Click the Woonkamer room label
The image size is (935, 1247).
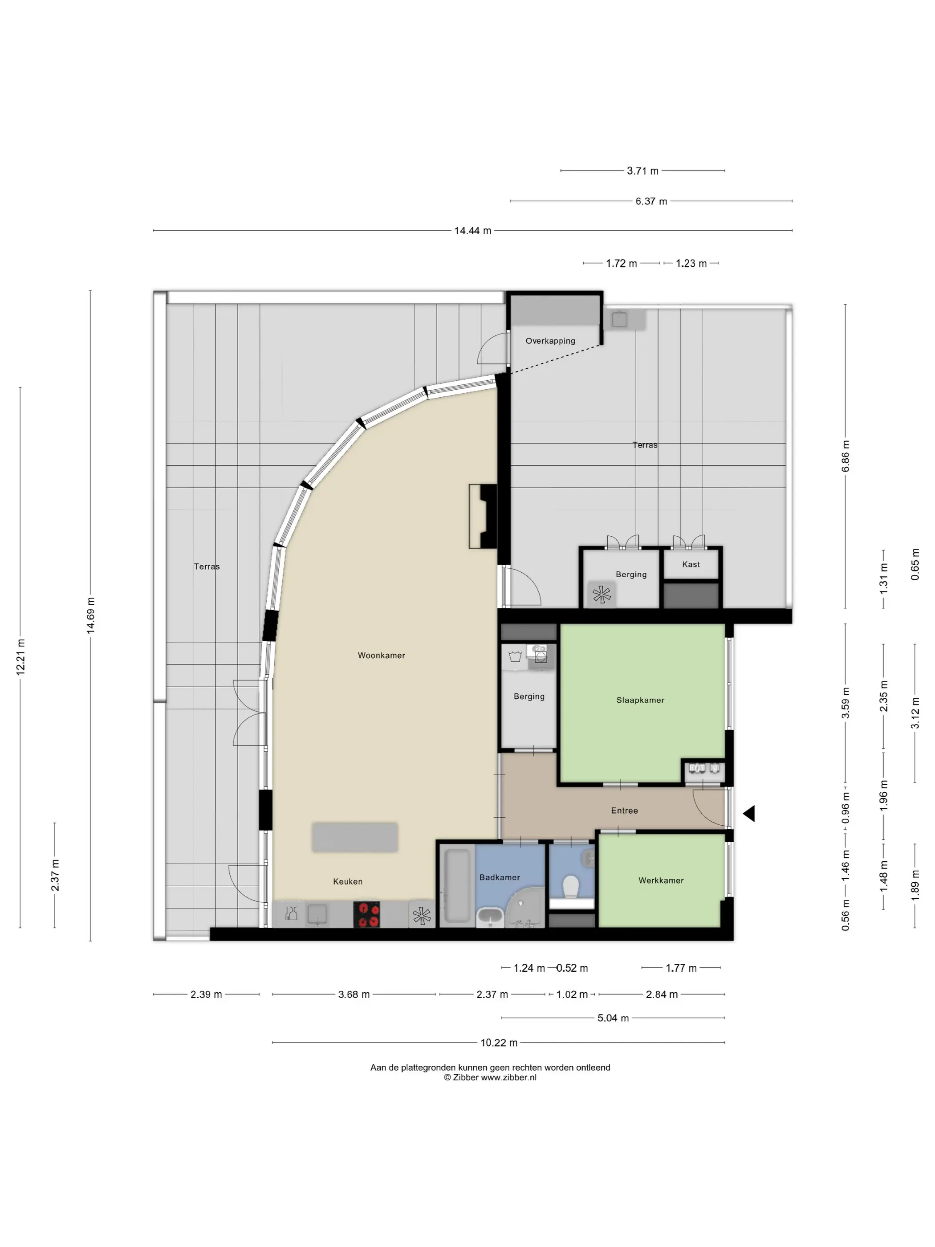tap(381, 655)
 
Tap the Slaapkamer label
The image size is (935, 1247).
tap(640, 700)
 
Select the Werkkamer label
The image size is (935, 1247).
tap(661, 880)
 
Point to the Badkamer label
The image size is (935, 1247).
tap(500, 877)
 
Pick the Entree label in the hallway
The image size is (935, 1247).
tap(625, 811)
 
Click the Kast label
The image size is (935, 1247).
tap(691, 564)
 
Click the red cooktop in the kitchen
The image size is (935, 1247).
tap(366, 914)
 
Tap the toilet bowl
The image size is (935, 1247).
tap(572, 887)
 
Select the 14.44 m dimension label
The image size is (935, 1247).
tap(472, 231)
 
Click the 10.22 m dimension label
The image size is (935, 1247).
tap(499, 1043)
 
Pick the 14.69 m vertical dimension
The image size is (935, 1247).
tap(91, 615)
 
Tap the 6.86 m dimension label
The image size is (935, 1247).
tap(846, 456)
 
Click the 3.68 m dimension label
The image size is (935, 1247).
tap(354, 994)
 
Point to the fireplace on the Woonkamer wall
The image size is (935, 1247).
tap(483, 516)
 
